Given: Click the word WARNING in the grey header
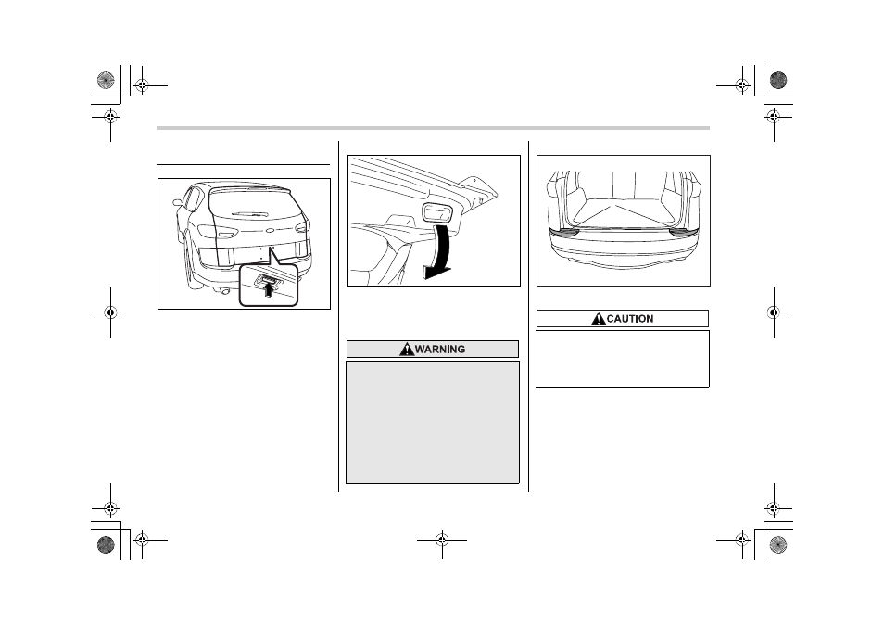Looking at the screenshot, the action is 440,350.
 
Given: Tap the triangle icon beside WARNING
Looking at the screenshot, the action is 407,350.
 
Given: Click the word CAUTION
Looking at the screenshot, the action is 630,319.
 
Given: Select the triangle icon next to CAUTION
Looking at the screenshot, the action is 599,319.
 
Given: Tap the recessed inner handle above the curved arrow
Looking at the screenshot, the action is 437,212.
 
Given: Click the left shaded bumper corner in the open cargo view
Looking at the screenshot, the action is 565,231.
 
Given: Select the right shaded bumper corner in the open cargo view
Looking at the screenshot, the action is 683,231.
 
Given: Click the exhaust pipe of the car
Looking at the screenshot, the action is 224,291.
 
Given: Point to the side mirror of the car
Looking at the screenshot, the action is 178,202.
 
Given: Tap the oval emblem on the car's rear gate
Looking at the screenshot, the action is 270,230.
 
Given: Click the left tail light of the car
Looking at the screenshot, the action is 217,232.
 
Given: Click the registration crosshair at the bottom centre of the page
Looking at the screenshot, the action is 442,541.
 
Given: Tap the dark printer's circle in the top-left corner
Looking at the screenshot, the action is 106,80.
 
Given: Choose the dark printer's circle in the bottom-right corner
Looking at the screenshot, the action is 778,544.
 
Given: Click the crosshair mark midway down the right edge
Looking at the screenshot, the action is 774,312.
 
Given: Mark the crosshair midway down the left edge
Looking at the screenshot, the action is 110,312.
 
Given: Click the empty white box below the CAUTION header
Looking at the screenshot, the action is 623,359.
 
